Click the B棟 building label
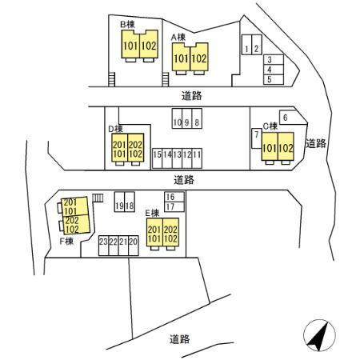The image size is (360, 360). [127, 25]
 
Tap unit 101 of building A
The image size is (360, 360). [181, 57]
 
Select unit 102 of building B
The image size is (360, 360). [149, 44]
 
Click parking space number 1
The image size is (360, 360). [246, 45]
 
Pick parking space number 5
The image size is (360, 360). [274, 80]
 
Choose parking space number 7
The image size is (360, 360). [257, 138]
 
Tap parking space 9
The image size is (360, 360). [187, 118]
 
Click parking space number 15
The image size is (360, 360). [157, 158]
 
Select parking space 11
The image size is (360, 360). [197, 158]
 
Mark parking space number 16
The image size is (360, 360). [174, 197]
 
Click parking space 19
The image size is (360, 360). [119, 202]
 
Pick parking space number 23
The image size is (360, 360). [103, 246]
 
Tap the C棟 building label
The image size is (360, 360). [270, 126]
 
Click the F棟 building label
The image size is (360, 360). [66, 241]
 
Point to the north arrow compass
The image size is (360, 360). [319, 335]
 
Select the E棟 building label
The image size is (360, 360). [152, 213]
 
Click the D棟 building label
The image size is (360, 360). [115, 129]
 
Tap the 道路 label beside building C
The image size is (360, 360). [316, 143]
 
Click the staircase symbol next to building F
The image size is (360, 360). [98, 198]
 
